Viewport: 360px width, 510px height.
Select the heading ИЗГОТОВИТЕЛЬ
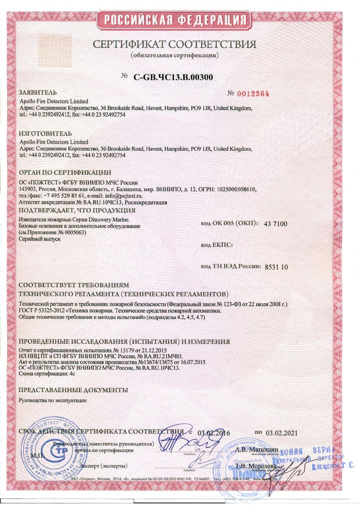tap(45, 133)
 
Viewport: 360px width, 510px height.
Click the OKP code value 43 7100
tap(276, 224)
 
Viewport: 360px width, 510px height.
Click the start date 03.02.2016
tap(213, 433)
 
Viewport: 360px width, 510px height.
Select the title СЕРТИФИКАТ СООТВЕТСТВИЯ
tap(174, 45)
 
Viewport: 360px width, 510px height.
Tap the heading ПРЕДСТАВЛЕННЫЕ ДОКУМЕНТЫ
tap(74, 390)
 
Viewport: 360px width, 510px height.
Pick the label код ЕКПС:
tap(217, 245)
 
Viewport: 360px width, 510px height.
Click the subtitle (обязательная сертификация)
tap(174, 56)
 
